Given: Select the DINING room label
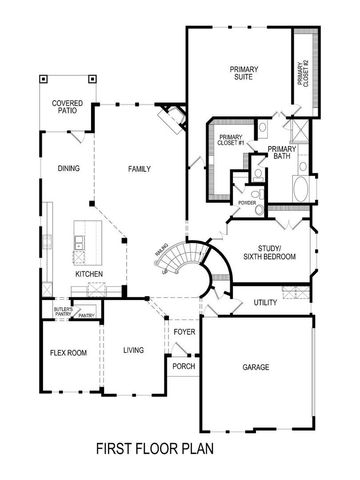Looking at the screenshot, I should click(69, 169).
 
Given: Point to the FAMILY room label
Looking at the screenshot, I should click(140, 169).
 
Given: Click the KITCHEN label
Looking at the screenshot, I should click(89, 273).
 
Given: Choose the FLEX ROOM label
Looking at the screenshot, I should click(65, 353).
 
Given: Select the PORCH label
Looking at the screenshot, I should click(184, 365).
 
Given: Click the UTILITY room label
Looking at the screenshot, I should click(265, 301).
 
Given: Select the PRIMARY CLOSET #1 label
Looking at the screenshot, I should click(231, 140).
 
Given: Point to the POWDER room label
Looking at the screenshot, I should click(247, 203).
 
